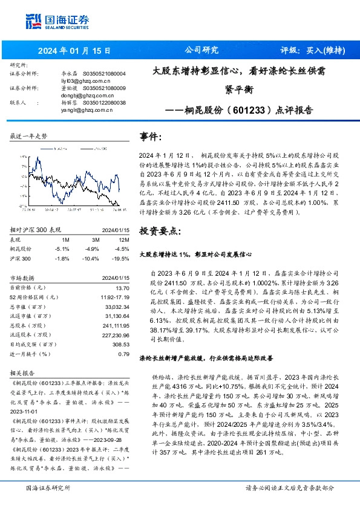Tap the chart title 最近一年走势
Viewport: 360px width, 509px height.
pyautogui.click(x=29, y=137)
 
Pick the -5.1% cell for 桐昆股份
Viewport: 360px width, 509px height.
pyautogui.click(x=62, y=248)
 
